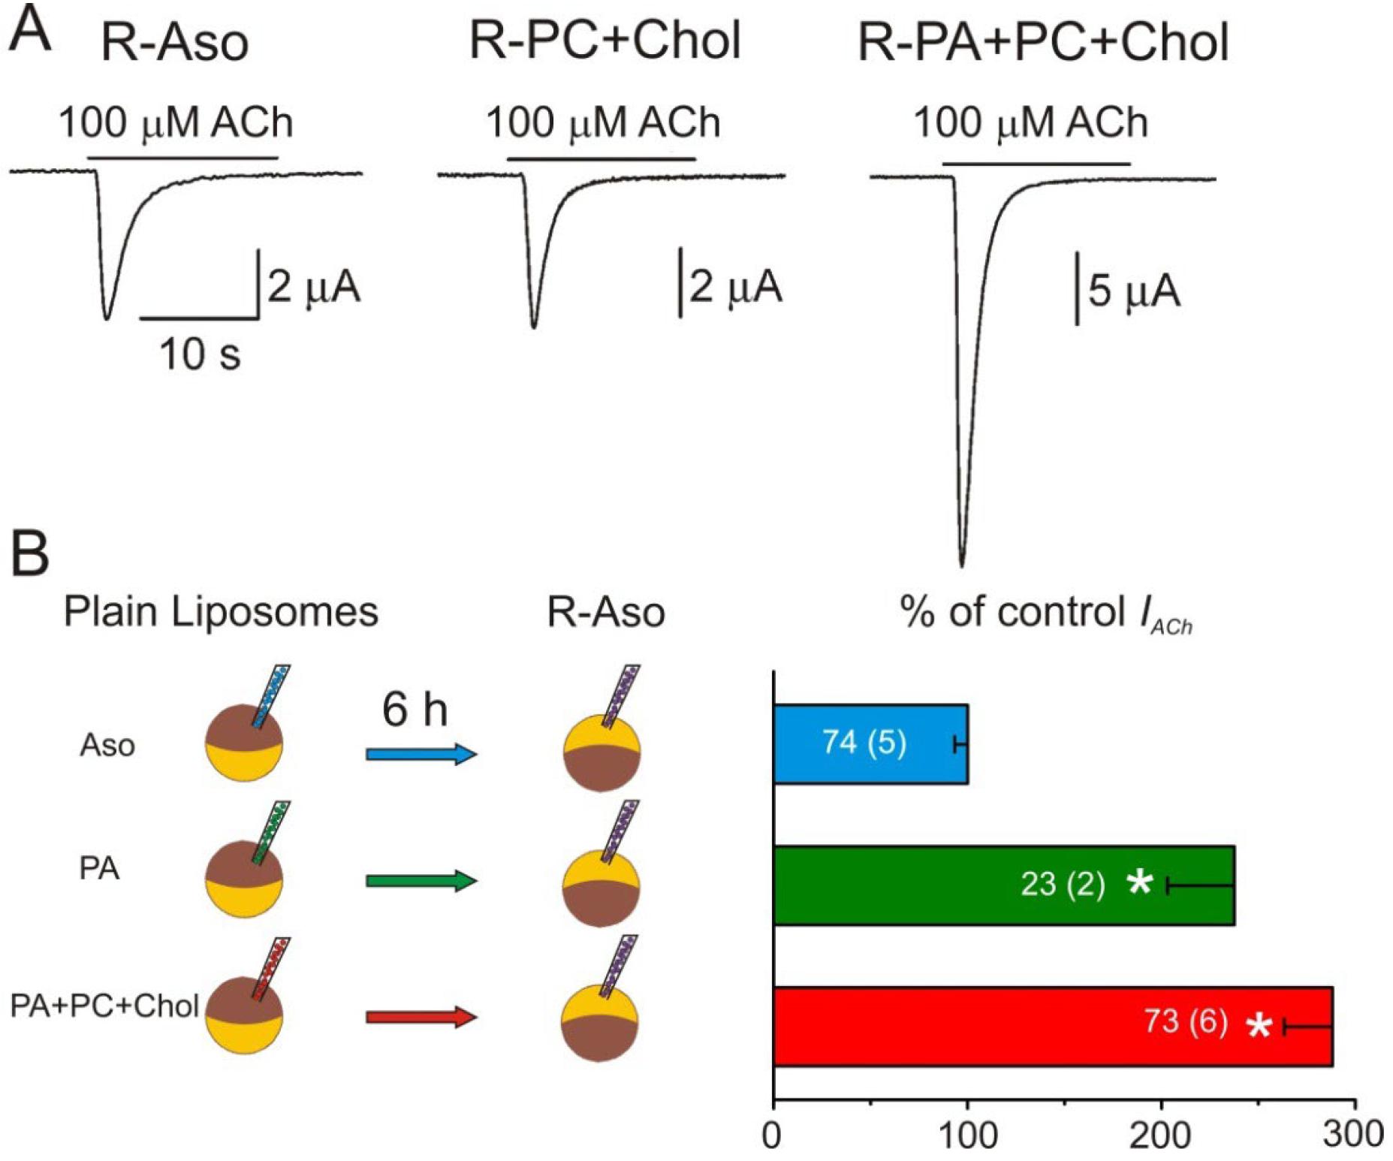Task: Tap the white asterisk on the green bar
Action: pyautogui.click(x=1140, y=883)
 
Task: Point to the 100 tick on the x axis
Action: pyautogui.click(x=967, y=1102)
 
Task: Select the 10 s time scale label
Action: pyautogui.click(x=200, y=354)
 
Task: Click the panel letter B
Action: pyautogui.click(x=30, y=553)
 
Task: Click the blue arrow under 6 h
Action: pyautogui.click(x=421, y=754)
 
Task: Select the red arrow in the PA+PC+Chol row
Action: pyautogui.click(x=421, y=1018)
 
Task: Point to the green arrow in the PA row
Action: pyautogui.click(x=421, y=880)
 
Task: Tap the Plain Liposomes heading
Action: pyautogui.click(x=221, y=611)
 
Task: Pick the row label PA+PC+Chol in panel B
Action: pyautogui.click(x=104, y=1006)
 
